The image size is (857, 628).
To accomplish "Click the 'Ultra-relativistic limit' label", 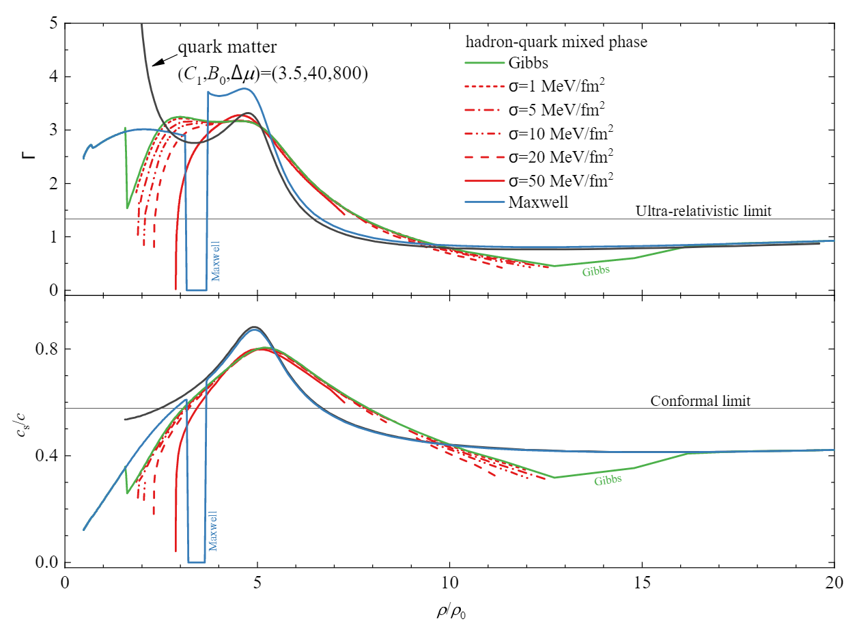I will point(703,211).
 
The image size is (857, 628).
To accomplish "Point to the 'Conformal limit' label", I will point(701,401).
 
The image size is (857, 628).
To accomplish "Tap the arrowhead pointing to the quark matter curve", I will point(156,63).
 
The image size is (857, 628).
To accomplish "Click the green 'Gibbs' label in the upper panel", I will point(596,271).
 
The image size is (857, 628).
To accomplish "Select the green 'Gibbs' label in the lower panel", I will point(608,480).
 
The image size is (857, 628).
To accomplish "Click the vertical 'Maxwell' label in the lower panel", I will point(214,530).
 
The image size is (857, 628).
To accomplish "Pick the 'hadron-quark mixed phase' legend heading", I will point(556,42).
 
